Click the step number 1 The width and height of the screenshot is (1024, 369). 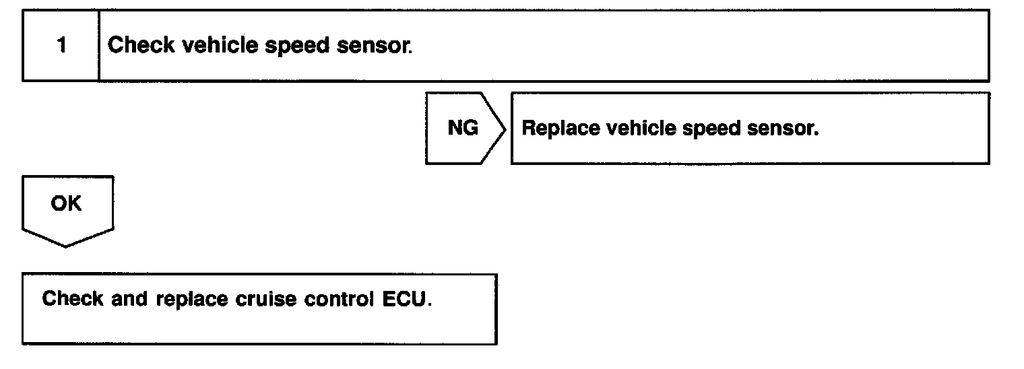tap(61, 46)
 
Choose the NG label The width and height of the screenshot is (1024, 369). tap(463, 128)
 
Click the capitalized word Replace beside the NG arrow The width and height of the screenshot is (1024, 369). tap(561, 129)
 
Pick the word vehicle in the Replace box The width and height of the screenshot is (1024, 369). tap(641, 128)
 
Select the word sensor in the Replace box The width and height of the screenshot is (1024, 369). tap(783, 129)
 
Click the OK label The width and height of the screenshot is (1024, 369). tap(65, 203)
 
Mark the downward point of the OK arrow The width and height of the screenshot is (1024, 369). tap(66, 246)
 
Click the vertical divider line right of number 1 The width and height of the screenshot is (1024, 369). tap(99, 46)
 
